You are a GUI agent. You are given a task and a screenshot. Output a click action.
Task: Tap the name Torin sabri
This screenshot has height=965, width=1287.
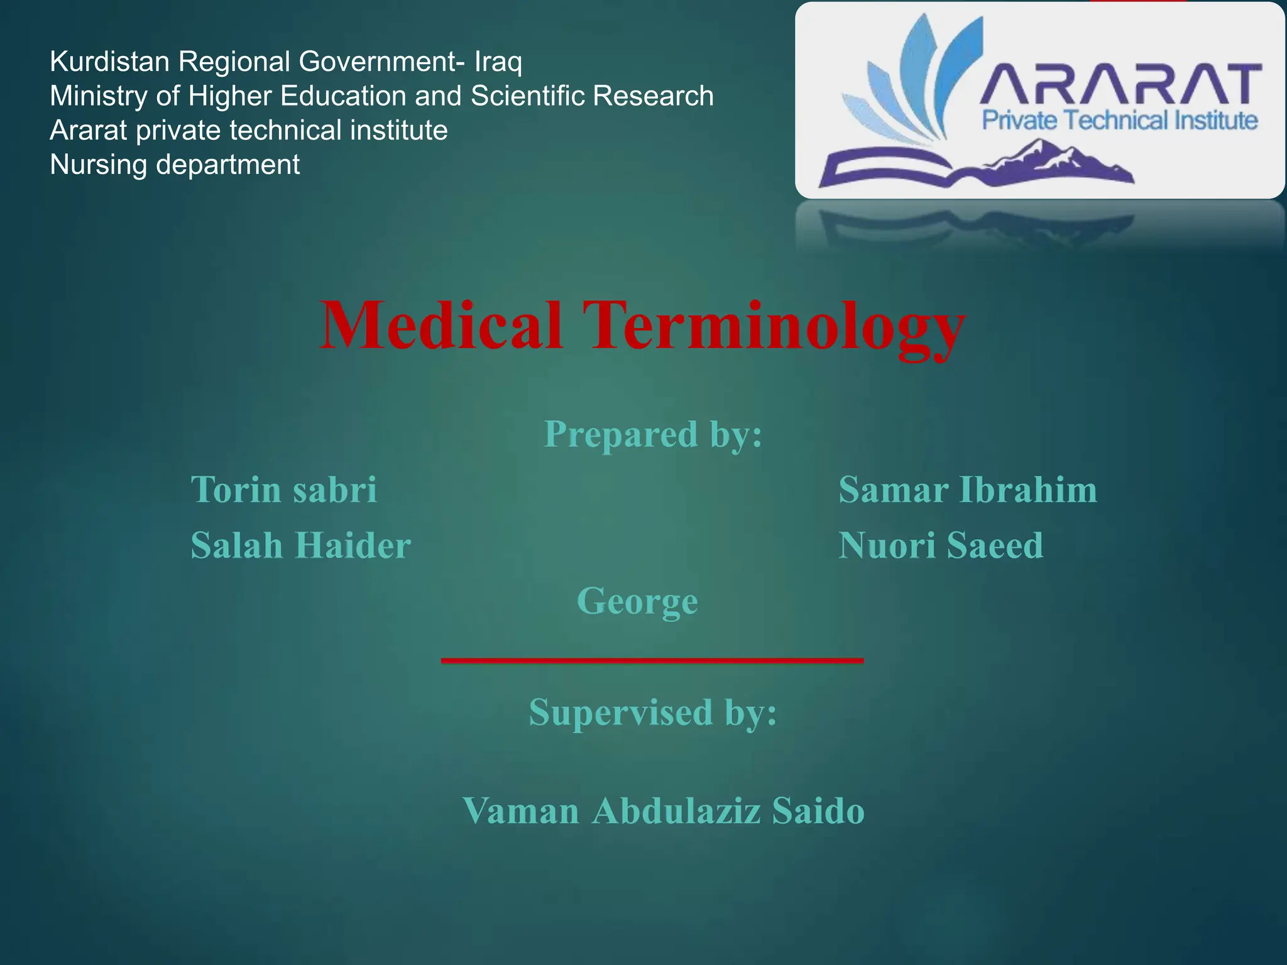(284, 489)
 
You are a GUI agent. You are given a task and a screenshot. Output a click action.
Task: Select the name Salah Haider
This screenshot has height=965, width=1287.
(300, 545)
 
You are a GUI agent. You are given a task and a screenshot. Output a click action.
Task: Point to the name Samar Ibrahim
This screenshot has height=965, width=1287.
(968, 489)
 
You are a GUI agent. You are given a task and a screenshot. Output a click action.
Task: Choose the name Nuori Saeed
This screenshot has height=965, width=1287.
(941, 545)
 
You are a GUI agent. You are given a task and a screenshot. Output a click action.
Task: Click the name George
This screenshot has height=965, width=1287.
(637, 601)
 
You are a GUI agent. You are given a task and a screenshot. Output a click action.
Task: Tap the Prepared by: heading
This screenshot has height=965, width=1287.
(653, 434)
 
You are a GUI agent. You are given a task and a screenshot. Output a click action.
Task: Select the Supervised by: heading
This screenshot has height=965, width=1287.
(653, 712)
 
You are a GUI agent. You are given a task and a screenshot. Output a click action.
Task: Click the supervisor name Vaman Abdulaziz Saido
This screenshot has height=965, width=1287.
(663, 810)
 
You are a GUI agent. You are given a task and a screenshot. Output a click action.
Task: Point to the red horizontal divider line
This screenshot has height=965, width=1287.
(652, 660)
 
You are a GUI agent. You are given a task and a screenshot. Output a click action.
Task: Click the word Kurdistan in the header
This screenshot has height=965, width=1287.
(110, 62)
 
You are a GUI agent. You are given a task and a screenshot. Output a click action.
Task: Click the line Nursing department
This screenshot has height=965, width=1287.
(175, 165)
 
